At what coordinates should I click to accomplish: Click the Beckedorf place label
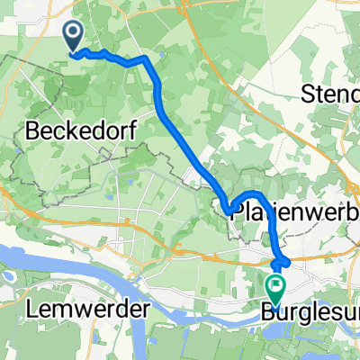pos(82,131)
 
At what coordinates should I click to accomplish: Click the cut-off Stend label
pos(333,93)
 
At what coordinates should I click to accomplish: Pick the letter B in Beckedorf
pos(33,131)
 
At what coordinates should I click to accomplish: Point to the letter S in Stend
pos(311,93)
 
